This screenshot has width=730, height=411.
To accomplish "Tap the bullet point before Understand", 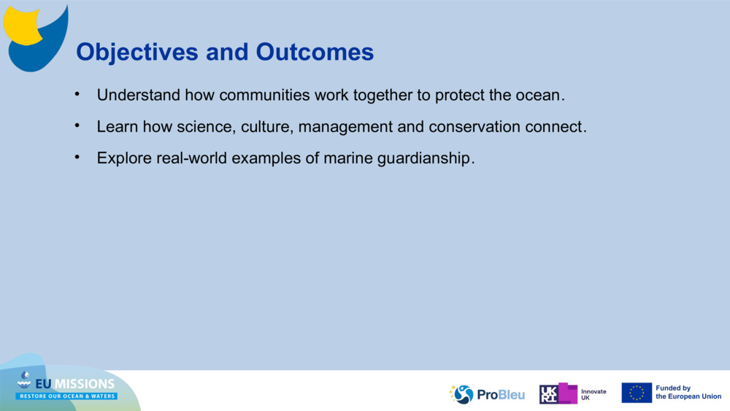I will pyautogui.click(x=77, y=94).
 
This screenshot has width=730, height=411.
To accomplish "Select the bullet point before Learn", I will pyautogui.click(x=77, y=126).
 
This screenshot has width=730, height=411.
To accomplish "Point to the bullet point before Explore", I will pyautogui.click(x=77, y=157).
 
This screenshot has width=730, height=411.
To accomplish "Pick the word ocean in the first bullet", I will pyautogui.click(x=542, y=96).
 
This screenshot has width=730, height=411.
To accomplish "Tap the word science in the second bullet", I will pyautogui.click(x=204, y=127).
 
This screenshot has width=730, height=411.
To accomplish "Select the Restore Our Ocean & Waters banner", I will pyautogui.click(x=67, y=396).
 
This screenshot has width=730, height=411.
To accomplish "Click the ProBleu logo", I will pyautogui.click(x=487, y=394).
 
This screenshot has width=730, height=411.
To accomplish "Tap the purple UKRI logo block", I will pyautogui.click(x=558, y=393).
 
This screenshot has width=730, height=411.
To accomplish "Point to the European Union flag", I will pyautogui.click(x=637, y=393).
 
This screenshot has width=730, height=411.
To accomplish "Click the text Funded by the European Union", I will pyautogui.click(x=688, y=393).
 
